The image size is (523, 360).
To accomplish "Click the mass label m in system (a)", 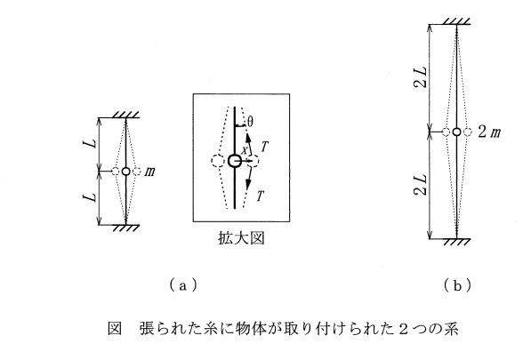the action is (149, 172).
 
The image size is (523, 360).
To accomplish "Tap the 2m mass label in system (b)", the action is (489, 132).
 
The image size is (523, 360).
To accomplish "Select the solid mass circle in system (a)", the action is (125, 172).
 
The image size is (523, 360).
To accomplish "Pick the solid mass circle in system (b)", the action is (457, 132).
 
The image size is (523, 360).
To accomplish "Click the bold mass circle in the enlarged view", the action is (235, 161).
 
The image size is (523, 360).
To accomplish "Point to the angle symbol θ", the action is (250, 122).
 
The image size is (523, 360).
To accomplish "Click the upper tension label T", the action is (264, 147).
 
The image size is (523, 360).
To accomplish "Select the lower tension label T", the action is (260, 196).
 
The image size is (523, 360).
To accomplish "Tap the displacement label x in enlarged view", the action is (245, 151).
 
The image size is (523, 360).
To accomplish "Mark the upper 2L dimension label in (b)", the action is (420, 77).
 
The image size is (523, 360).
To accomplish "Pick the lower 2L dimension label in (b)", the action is (420, 184).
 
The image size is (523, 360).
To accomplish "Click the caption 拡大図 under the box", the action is (241, 238).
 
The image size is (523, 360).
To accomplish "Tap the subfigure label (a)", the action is (182, 285).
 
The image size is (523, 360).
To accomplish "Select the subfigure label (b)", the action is (457, 285).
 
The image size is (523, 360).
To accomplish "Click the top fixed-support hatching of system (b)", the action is (456, 21).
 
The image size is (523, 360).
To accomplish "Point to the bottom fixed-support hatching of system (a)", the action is (125, 228).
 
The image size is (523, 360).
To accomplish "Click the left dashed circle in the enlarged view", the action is (217, 161).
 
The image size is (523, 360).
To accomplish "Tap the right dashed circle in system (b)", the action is (468, 132).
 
